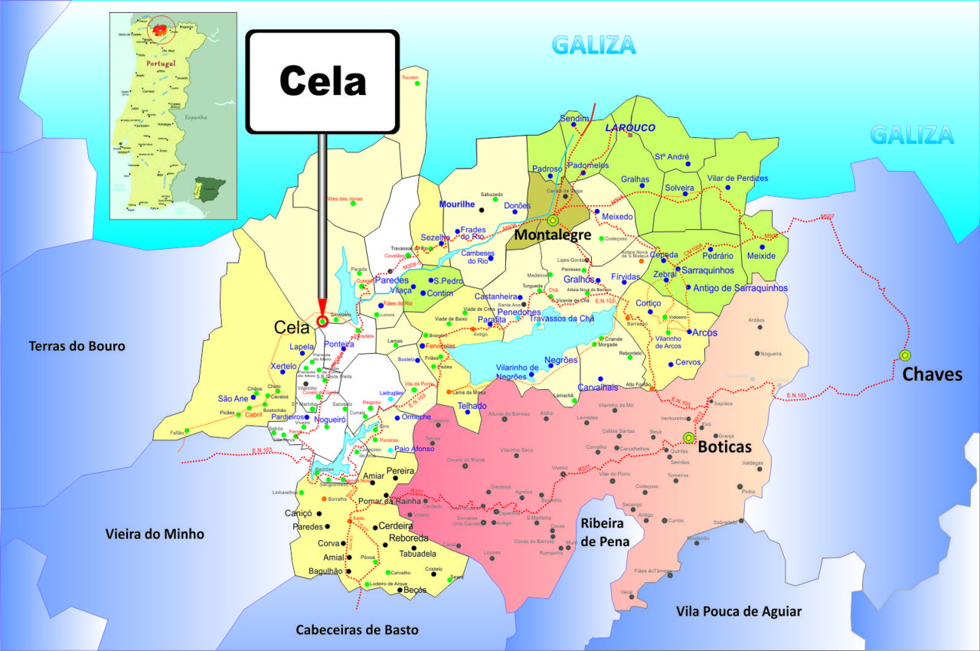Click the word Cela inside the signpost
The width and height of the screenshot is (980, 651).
pyautogui.click(x=322, y=80)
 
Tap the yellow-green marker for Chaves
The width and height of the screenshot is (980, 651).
pyautogui.click(x=905, y=355)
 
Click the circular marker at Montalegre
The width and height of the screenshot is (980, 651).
pyautogui.click(x=552, y=221)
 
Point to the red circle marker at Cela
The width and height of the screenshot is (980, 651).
pyautogui.click(x=322, y=322)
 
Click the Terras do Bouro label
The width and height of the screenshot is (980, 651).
pyautogui.click(x=77, y=346)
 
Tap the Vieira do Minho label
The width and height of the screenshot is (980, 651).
pyautogui.click(x=155, y=534)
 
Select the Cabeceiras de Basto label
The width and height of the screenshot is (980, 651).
pyautogui.click(x=358, y=630)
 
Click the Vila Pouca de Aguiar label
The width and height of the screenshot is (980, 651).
pyautogui.click(x=739, y=611)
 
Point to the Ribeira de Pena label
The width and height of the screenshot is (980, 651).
pyautogui.click(x=605, y=532)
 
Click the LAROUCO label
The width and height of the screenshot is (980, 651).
pyautogui.click(x=630, y=128)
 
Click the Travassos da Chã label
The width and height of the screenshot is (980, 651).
pyautogui.click(x=561, y=319)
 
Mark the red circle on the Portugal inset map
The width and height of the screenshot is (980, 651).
pyautogui.click(x=161, y=30)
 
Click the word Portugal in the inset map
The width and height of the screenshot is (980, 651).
pyautogui.click(x=161, y=63)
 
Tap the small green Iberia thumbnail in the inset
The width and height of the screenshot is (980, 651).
pyautogui.click(x=207, y=187)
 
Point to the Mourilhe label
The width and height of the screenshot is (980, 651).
pyautogui.click(x=458, y=204)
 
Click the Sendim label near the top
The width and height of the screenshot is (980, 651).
pyautogui.click(x=574, y=119)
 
